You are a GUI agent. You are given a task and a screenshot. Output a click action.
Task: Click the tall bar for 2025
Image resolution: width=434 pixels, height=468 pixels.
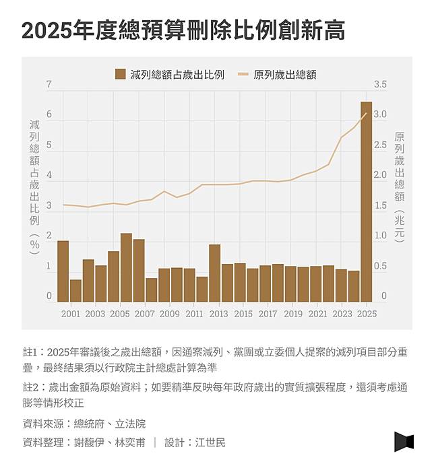366,202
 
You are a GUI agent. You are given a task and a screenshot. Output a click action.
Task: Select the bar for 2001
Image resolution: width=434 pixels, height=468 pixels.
75,290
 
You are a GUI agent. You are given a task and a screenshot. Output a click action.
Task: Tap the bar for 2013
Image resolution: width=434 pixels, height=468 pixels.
214,273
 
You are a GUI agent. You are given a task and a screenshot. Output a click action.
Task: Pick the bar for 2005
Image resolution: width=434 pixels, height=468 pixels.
126,267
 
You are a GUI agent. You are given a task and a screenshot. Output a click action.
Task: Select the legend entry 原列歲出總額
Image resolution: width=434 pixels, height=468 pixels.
278,74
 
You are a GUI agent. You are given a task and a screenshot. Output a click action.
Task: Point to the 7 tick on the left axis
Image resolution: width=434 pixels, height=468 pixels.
49,84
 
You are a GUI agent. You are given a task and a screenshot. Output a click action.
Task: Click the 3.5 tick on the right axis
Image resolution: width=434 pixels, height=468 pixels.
379,84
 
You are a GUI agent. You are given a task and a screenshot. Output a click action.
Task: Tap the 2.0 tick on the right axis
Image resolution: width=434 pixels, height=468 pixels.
379,175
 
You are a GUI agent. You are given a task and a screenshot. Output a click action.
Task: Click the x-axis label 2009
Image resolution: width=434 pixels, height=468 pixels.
169,314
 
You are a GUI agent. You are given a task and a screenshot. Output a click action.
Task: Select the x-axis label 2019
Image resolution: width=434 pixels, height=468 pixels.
292,314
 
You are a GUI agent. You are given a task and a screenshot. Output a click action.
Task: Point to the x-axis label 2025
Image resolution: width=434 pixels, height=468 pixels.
367,314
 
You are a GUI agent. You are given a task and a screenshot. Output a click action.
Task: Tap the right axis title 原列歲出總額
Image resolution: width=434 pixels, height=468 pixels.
400,186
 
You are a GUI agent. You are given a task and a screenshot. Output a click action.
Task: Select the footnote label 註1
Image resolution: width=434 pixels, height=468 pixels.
32,352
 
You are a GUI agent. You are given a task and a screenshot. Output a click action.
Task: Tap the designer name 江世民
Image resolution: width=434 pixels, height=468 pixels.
210,442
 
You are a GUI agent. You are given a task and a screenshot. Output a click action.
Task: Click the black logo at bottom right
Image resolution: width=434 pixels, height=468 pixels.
404,441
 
